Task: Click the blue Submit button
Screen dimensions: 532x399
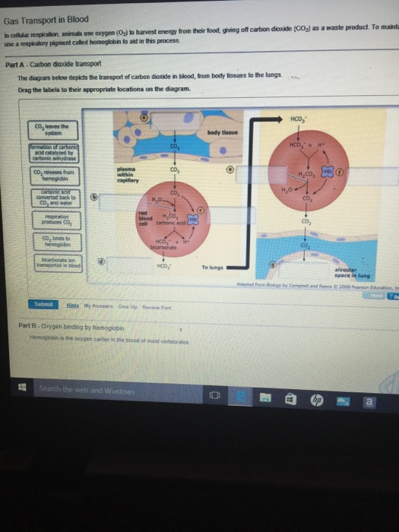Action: pos(43,304)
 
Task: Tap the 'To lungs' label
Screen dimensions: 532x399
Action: pos(212,267)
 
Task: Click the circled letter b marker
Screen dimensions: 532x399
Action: pos(94,196)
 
